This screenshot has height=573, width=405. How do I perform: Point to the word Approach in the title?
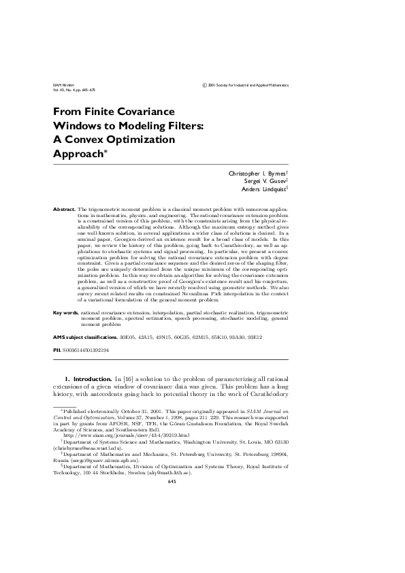click(x=78, y=154)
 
